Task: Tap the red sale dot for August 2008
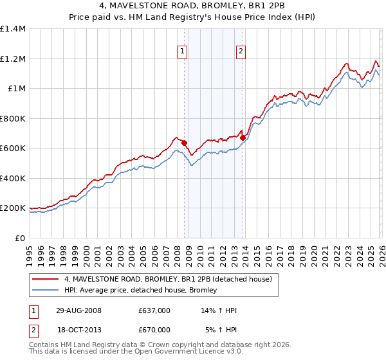pyautogui.click(x=184, y=143)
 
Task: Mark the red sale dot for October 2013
pyautogui.click(x=243, y=138)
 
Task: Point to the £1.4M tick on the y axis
pyautogui.click(x=13, y=29)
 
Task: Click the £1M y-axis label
pyautogui.click(x=16, y=89)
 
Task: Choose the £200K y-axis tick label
pyautogui.click(x=13, y=208)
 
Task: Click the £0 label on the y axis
pyautogui.click(x=20, y=239)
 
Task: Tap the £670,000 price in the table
pyautogui.click(x=154, y=330)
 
